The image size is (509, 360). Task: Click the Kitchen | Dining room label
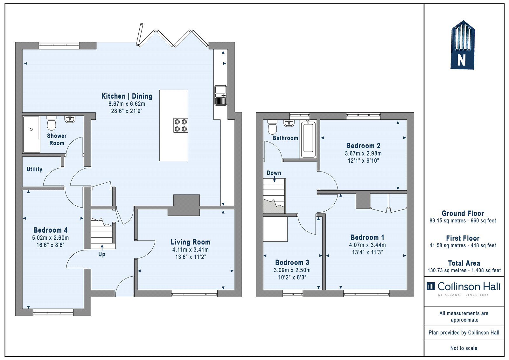(127, 96)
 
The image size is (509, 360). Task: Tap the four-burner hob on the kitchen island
(181, 125)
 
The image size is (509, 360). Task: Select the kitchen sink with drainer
(221, 95)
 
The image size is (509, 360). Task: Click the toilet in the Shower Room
(51, 123)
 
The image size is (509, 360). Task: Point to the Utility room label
(34, 169)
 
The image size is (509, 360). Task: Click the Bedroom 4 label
(51, 230)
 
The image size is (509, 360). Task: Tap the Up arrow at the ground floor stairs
(102, 247)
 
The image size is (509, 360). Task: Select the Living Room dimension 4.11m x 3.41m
(191, 250)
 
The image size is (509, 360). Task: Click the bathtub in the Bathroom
(308, 140)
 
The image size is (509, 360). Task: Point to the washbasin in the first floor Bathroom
(289, 123)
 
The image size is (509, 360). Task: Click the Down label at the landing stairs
(274, 173)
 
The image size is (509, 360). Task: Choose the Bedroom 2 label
(363, 146)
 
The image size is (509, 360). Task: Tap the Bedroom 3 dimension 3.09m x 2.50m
(292, 270)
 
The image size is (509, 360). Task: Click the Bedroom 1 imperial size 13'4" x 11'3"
(367, 252)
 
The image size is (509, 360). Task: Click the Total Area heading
(464, 263)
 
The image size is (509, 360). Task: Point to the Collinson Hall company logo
(464, 288)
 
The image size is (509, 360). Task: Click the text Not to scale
(464, 348)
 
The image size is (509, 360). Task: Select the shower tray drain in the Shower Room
(31, 129)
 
